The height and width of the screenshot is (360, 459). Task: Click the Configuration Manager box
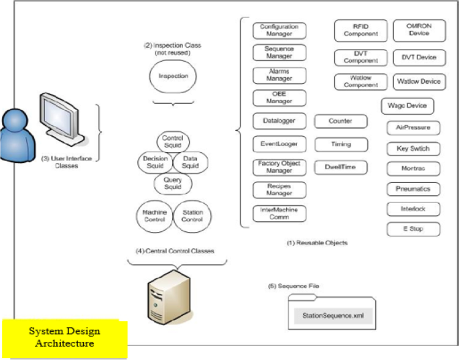(279, 30)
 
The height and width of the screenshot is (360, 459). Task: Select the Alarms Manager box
(279, 75)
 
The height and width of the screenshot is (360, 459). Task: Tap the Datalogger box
(279, 121)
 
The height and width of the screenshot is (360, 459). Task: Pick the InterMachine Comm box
(279, 213)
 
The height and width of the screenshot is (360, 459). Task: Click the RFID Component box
(360, 31)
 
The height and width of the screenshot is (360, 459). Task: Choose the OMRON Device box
(418, 31)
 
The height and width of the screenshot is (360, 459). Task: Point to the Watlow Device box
(418, 82)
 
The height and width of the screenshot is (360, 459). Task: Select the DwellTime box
(341, 167)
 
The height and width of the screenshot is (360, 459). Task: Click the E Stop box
(413, 229)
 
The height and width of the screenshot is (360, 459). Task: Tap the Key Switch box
(413, 148)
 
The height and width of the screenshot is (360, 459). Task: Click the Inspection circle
(173, 76)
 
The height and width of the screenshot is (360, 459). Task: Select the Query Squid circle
(173, 183)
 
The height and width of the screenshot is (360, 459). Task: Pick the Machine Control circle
(154, 217)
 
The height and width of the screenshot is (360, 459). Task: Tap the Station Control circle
(192, 217)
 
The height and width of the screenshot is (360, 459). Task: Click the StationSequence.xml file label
(332, 314)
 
